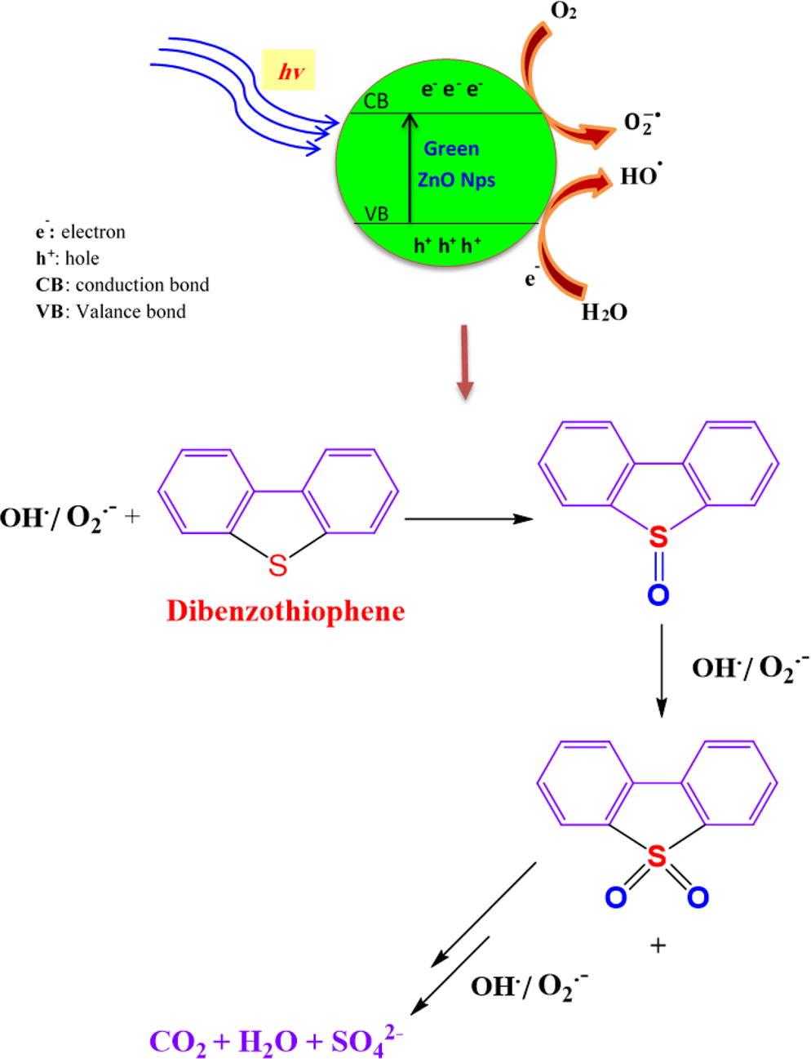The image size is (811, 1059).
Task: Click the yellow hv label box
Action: point(288,70)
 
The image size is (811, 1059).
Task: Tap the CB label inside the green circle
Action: point(376,101)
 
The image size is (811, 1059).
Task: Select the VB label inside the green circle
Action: point(376,214)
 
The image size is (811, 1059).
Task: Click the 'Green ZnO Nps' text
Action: point(454,164)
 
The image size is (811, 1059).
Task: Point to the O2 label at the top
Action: point(564,11)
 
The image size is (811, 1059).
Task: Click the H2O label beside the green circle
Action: point(604,313)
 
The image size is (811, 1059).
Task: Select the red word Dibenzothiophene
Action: point(286,611)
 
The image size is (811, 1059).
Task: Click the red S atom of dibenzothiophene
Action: point(278,565)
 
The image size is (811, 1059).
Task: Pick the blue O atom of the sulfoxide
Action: point(658,594)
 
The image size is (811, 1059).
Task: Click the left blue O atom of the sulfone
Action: point(616,897)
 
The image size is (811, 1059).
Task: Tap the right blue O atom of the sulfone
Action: point(698,897)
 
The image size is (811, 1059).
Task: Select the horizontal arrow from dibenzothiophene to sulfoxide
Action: point(468,518)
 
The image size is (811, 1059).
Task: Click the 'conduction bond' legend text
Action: point(142,285)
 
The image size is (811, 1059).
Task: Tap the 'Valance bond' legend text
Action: point(131,311)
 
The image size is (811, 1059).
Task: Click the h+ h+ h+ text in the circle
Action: point(447,245)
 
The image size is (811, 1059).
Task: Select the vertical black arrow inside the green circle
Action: point(410,168)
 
